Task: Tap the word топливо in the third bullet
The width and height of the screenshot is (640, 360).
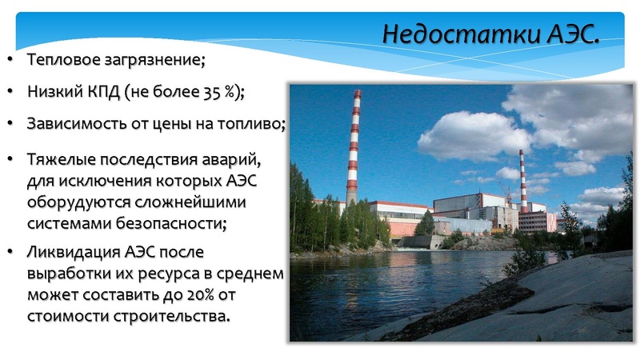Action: [x=254, y=124]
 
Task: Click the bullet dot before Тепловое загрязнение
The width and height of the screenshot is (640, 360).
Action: [x=10, y=60]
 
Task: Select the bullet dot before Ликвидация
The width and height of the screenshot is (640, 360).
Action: [x=10, y=253]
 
